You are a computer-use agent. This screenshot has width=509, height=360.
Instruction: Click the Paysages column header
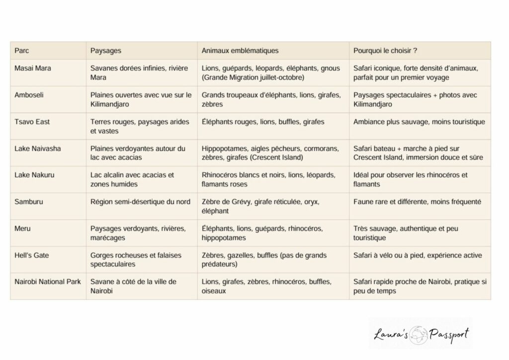coord(106,51)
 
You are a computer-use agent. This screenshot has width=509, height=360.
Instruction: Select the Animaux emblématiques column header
coord(240,51)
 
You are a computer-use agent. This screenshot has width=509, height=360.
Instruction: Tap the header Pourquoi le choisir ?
coord(385,51)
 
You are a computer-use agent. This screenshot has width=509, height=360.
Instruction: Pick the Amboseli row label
coord(29,95)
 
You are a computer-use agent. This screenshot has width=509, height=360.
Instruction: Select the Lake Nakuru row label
coord(35,175)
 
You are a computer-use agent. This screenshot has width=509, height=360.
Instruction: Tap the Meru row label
coord(23,229)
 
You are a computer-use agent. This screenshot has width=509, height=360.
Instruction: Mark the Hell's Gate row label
coord(32,256)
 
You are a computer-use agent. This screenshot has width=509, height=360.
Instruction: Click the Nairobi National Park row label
coord(48,282)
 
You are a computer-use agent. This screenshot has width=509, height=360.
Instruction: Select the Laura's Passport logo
coord(421,334)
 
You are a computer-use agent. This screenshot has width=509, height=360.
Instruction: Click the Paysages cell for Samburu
coord(140,202)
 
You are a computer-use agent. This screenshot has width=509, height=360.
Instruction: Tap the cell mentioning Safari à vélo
coord(418,256)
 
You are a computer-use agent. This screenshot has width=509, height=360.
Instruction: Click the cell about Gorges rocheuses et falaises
coord(136,260)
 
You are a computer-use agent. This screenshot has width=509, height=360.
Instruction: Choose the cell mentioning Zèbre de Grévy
coord(260,206)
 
